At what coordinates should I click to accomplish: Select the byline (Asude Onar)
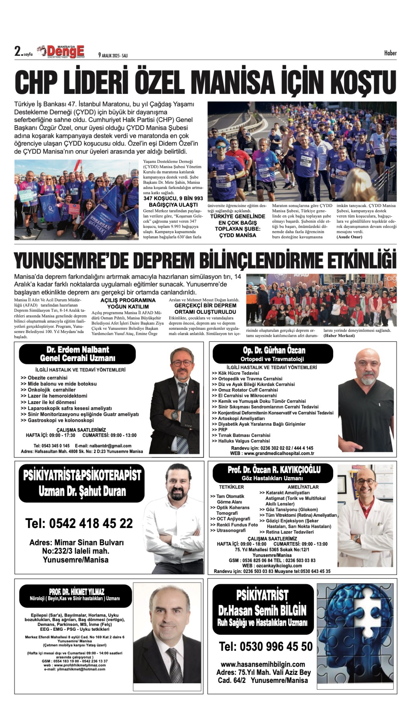[x=349, y=237]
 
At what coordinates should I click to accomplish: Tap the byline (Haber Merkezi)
[x=339, y=336]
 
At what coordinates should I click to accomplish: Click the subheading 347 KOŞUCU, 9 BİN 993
[x=173, y=198]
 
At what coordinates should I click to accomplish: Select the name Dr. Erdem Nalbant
[x=78, y=350]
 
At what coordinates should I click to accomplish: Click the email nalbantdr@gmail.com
[x=110, y=446]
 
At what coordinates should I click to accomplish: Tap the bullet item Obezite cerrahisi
[x=47, y=378]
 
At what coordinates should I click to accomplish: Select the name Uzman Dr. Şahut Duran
[x=82, y=491]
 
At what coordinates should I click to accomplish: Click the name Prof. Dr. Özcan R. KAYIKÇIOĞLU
[x=274, y=470]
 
